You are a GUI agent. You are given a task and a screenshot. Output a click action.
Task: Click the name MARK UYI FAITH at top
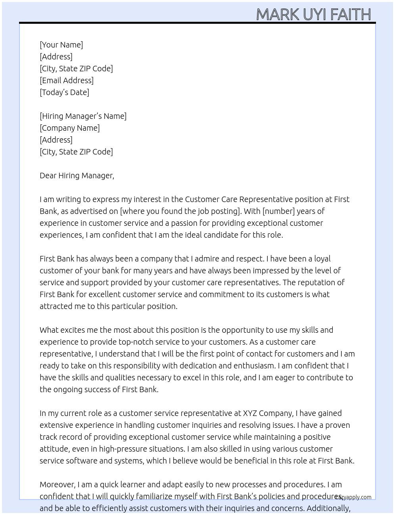point(313,14)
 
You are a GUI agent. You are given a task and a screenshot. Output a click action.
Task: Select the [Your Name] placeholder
point(61,45)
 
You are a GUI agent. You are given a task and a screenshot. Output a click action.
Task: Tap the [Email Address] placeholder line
point(67,80)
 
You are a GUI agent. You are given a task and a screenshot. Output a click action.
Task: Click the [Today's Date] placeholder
point(64,92)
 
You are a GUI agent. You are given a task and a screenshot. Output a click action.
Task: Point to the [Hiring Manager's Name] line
point(83,116)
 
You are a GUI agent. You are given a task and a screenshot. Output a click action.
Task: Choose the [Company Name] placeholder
point(69,128)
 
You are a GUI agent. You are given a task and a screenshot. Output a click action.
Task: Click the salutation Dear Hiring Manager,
point(77,175)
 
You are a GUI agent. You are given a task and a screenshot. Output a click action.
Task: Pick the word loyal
point(322,259)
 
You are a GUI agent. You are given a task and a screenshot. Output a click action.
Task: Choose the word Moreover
point(57,484)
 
